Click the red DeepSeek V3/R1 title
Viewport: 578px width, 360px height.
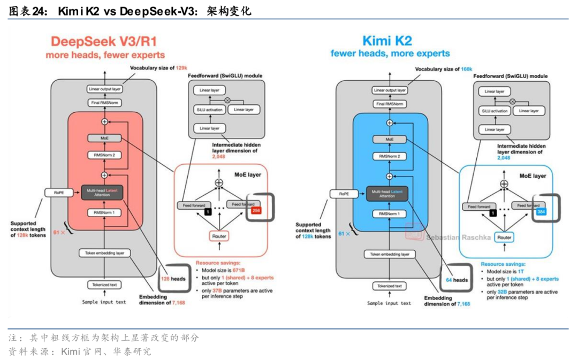tap(104, 41)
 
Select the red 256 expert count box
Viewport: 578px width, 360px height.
tap(256, 211)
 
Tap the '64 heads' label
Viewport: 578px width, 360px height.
tap(457, 279)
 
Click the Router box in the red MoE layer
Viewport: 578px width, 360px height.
tap(218, 235)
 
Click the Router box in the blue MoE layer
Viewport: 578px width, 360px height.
tap(504, 236)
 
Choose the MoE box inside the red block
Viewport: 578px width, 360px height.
tap(104, 138)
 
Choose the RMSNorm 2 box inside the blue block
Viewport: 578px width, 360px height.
tap(390, 157)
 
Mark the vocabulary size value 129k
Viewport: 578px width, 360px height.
tap(181, 68)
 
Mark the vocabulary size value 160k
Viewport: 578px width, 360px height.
tap(466, 69)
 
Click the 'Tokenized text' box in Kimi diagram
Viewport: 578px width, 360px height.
tap(389, 286)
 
